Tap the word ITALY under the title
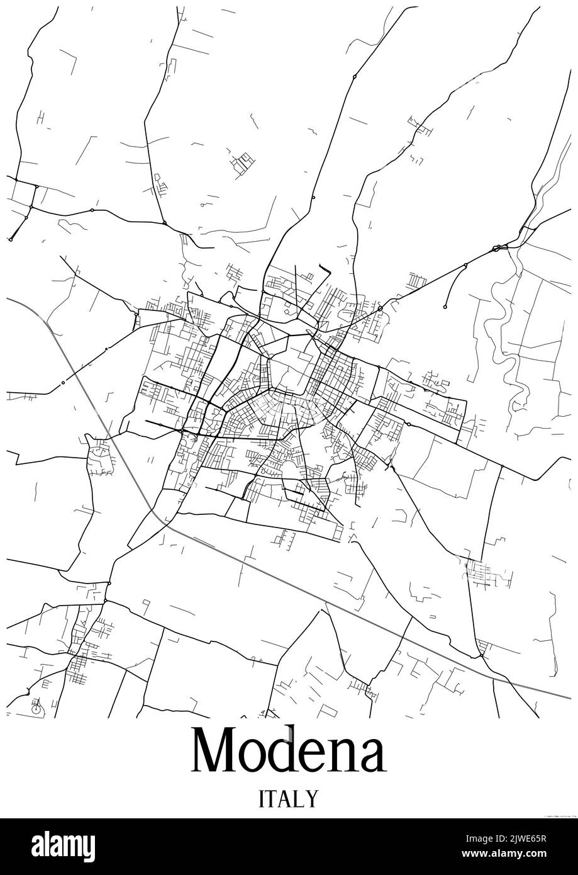[x=288, y=799]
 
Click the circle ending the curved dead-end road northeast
[x=445, y=307]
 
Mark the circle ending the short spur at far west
[x=11, y=239]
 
